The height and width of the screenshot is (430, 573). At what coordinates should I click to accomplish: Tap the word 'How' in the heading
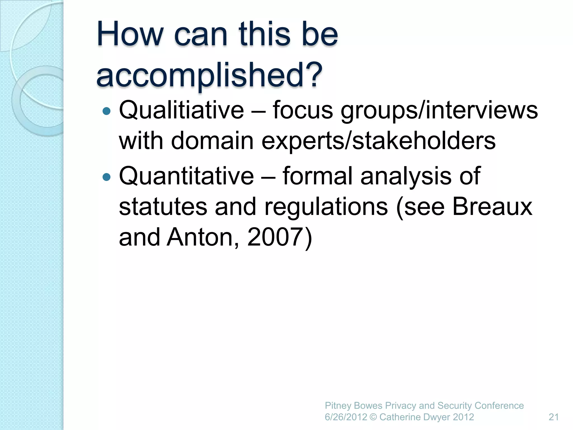click(x=130, y=35)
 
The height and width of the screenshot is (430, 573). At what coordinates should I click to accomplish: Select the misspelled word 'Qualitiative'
click(x=181, y=110)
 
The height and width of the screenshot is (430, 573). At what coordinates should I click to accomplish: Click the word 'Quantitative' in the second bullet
click(x=186, y=176)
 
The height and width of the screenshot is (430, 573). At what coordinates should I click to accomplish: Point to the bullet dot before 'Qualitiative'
click(x=107, y=111)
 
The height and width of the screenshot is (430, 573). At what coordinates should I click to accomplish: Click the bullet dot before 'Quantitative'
click(x=107, y=177)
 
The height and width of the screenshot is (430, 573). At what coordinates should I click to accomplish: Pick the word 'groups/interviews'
click(x=439, y=111)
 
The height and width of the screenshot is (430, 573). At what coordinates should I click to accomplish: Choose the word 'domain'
click(x=212, y=141)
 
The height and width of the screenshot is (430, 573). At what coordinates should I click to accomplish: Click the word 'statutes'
click(x=163, y=207)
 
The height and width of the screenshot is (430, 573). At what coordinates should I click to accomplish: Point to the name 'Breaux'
click(x=492, y=207)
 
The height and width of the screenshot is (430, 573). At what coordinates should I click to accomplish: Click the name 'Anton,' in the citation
click(x=203, y=237)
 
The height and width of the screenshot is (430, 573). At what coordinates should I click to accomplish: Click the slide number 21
click(x=554, y=417)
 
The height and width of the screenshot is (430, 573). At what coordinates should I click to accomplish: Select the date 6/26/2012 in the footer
click(x=346, y=417)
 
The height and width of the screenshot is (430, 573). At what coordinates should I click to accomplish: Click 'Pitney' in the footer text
click(x=338, y=406)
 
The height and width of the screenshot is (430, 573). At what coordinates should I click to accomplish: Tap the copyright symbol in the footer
click(x=373, y=417)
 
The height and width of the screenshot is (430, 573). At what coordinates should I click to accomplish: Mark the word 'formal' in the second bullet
click(x=318, y=176)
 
